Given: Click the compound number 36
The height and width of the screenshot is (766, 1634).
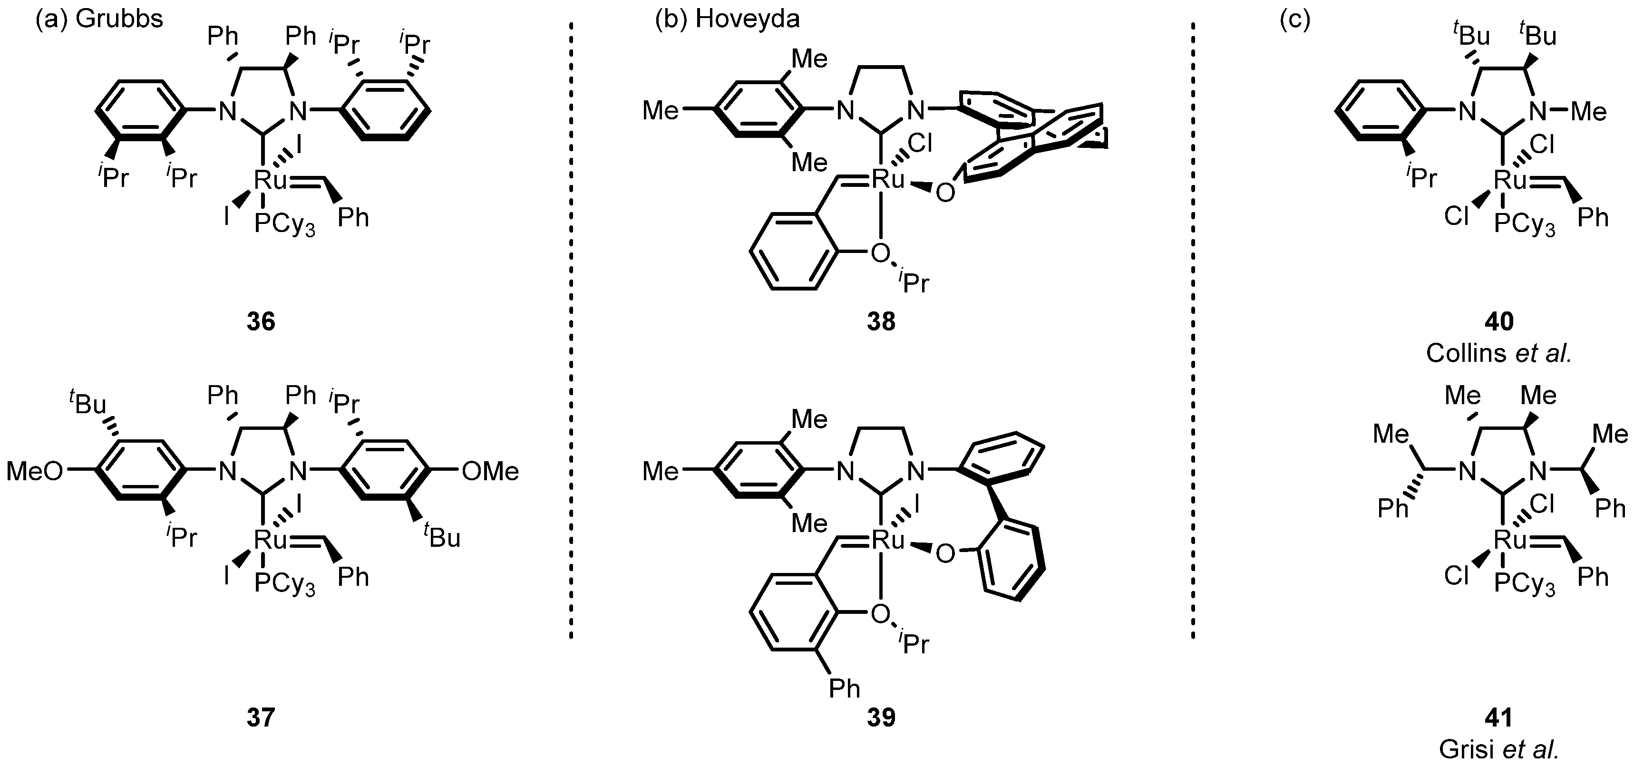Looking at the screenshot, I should click(x=261, y=321).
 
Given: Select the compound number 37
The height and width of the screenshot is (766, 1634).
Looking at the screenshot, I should click(x=261, y=717).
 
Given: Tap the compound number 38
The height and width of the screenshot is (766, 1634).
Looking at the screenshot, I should click(x=881, y=321).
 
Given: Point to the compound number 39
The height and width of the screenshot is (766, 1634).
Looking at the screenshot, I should click(x=881, y=717).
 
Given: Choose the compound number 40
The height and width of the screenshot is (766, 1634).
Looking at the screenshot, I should click(x=1499, y=321).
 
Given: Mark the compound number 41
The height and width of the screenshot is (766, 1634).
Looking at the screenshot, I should click(x=1499, y=717).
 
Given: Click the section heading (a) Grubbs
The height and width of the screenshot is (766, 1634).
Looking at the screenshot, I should click(x=99, y=19).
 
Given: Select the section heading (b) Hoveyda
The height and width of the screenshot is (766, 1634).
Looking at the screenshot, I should click(x=727, y=19).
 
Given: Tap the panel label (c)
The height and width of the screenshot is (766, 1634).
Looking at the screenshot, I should click(x=1294, y=19).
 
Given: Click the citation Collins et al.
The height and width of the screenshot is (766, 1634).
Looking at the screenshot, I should click(x=1499, y=353).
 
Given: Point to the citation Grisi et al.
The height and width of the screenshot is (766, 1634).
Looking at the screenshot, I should click(x=1499, y=749).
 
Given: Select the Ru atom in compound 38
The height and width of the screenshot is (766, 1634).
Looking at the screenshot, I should click(x=888, y=179).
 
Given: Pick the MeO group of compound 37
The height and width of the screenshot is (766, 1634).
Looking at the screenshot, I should click(x=35, y=471).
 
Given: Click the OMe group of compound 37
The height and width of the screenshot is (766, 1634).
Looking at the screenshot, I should click(x=490, y=471).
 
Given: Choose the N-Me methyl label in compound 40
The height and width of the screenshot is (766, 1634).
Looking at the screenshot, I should click(x=1589, y=113).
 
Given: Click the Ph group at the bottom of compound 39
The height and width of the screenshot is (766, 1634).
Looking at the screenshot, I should click(x=844, y=688).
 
